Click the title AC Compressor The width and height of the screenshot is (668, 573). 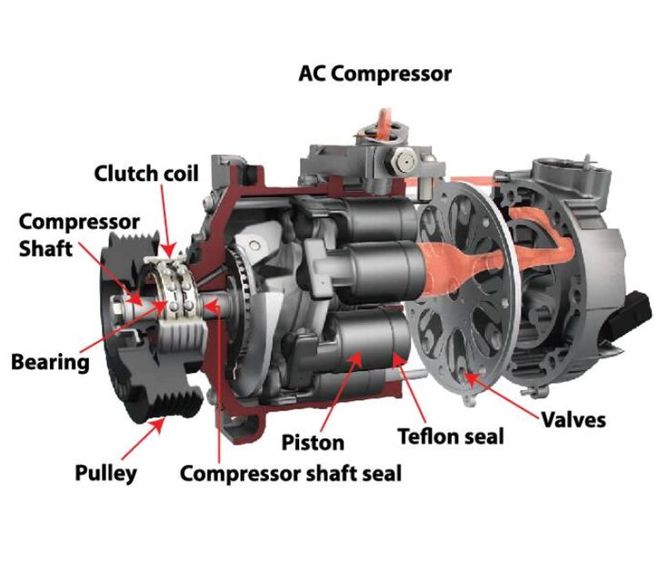coord(374,75)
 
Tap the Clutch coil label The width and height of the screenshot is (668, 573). coord(146,174)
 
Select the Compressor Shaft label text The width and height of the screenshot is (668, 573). coord(79,235)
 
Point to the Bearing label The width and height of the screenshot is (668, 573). coord(50,362)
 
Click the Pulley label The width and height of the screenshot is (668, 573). coord(106,473)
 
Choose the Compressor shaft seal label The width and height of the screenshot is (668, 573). coord(291,474)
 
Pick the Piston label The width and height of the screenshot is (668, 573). coord(313,442)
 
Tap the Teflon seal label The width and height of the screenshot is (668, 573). coord(451,437)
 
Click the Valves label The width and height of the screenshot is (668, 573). coord(573,420)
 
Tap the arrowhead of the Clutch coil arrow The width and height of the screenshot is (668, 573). coord(170,250)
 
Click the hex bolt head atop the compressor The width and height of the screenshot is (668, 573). coord(403,162)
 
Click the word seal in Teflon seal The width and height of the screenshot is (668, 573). coord(483,437)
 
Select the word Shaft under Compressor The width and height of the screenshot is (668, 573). coord(45,248)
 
